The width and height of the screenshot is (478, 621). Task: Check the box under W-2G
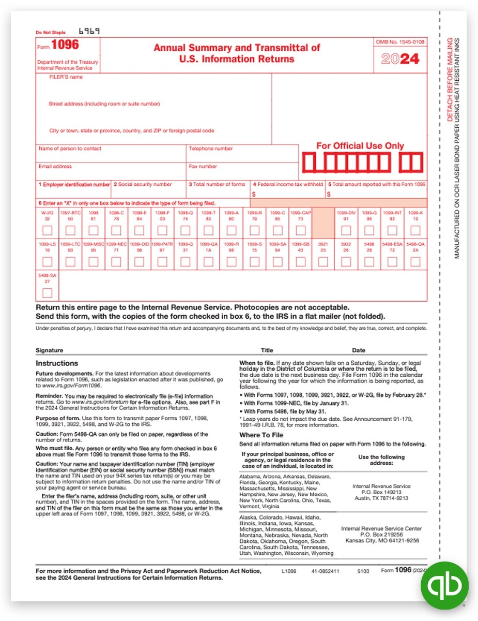click(x=47, y=230)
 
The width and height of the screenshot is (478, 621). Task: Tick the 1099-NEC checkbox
click(x=116, y=262)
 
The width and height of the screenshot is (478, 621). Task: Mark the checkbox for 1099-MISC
click(x=93, y=262)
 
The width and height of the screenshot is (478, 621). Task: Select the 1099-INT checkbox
click(x=392, y=230)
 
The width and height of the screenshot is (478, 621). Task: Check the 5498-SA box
click(x=47, y=293)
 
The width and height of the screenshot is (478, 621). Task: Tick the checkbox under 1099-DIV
click(x=346, y=230)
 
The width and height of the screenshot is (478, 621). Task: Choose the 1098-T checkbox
click(x=208, y=230)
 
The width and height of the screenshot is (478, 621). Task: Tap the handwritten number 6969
click(x=89, y=31)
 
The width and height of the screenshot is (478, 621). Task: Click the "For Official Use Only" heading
click(x=360, y=146)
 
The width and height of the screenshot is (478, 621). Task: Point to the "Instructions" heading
click(x=57, y=363)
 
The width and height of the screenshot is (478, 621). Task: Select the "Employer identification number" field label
click(x=74, y=184)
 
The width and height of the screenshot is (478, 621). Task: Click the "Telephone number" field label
click(x=211, y=149)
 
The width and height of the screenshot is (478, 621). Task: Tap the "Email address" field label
click(x=55, y=167)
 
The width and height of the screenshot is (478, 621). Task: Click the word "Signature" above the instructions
click(x=50, y=350)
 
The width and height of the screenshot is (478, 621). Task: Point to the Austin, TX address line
click(x=381, y=498)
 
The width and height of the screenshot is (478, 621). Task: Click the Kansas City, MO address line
click(x=382, y=541)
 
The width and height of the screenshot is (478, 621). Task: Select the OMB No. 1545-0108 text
click(x=400, y=41)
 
